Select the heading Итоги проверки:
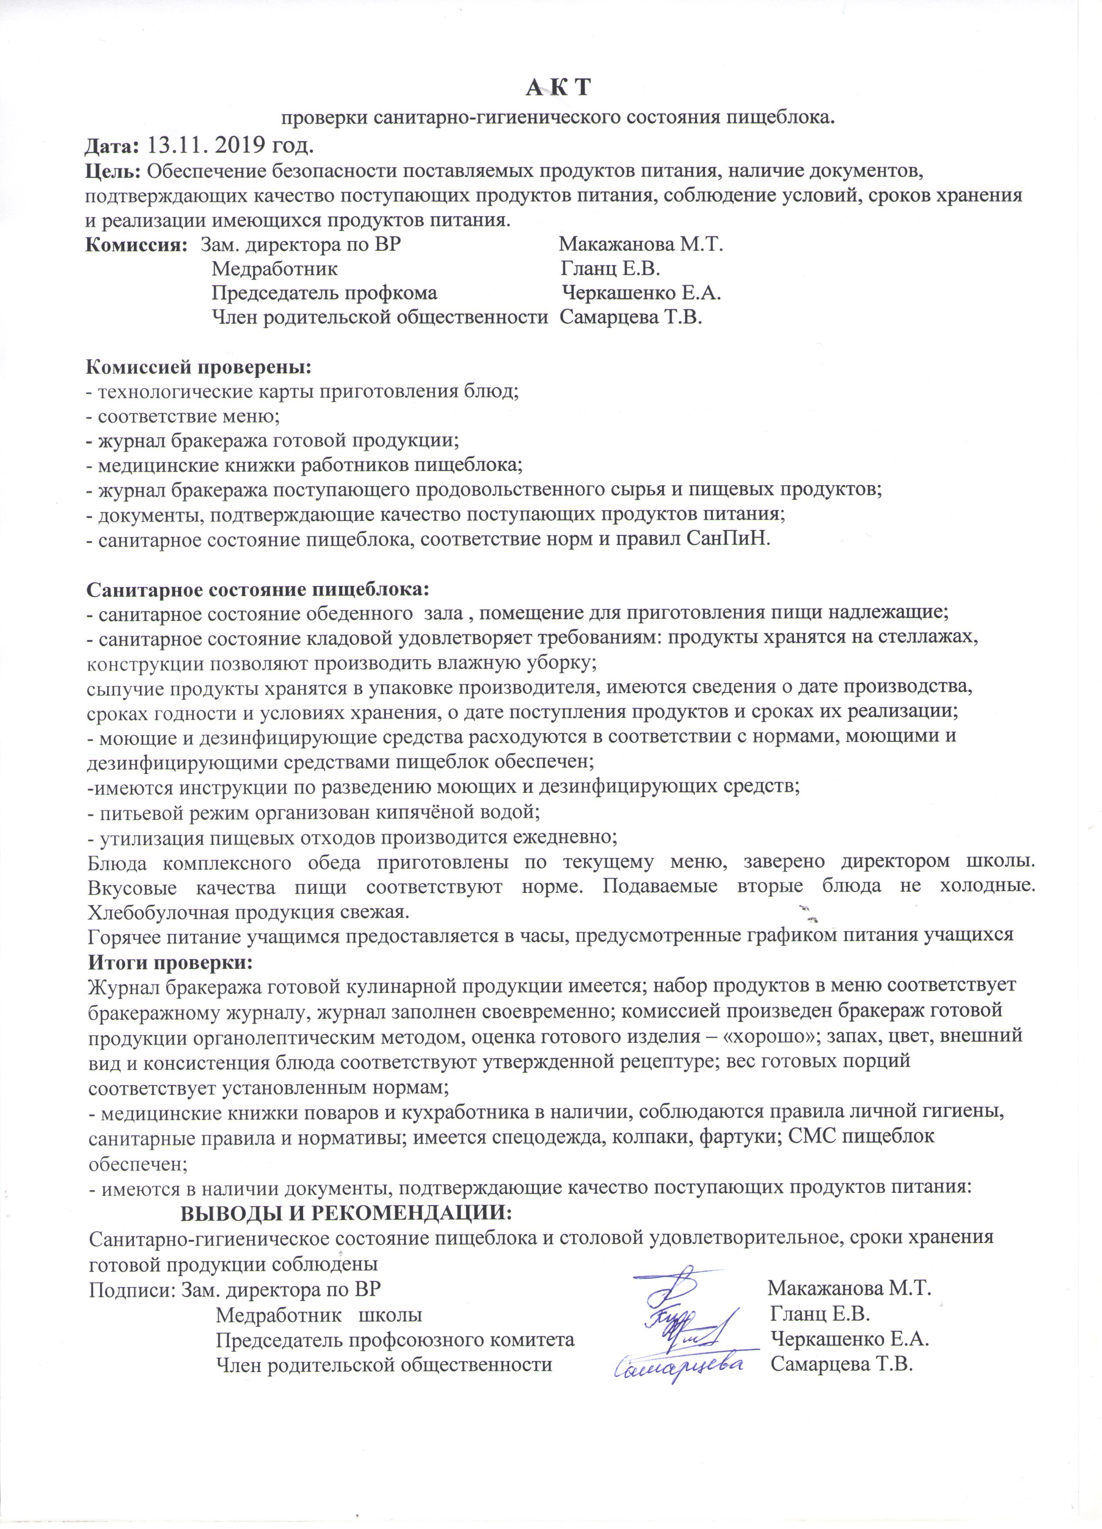click(x=170, y=960)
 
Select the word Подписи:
click(x=132, y=1289)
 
